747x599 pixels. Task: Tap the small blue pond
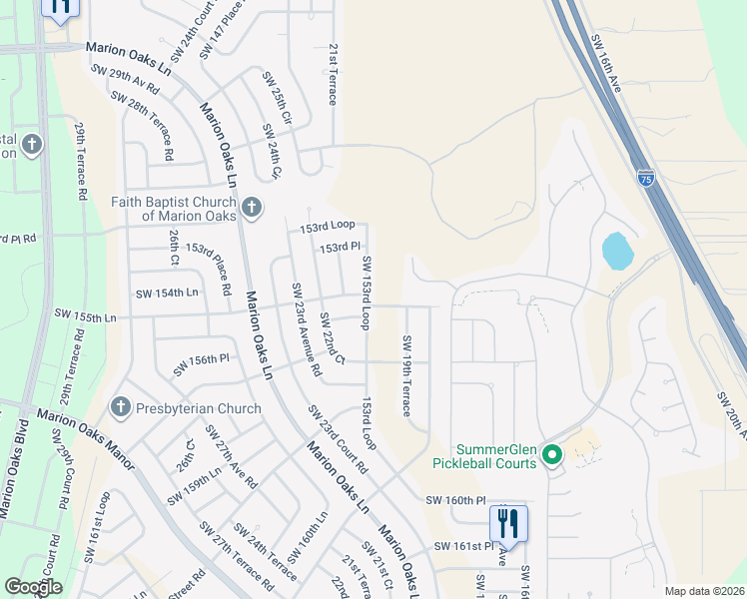pyautogui.click(x=617, y=251)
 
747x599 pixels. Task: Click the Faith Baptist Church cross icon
pyautogui.click(x=251, y=207)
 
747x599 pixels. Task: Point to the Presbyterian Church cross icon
pyautogui.click(x=119, y=407)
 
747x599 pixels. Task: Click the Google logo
pyautogui.click(x=33, y=587)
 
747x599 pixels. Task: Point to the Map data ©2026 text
pyautogui.click(x=704, y=591)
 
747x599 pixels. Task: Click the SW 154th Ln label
pyautogui.click(x=167, y=293)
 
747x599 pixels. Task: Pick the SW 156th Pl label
pyautogui.click(x=201, y=364)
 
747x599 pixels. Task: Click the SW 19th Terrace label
pyautogui.click(x=406, y=375)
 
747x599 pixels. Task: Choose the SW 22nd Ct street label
pyautogui.click(x=332, y=338)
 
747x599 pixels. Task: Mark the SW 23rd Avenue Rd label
pyautogui.click(x=306, y=328)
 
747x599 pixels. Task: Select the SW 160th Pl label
pyautogui.click(x=454, y=500)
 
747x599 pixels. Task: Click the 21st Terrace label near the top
pyautogui.click(x=333, y=74)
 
